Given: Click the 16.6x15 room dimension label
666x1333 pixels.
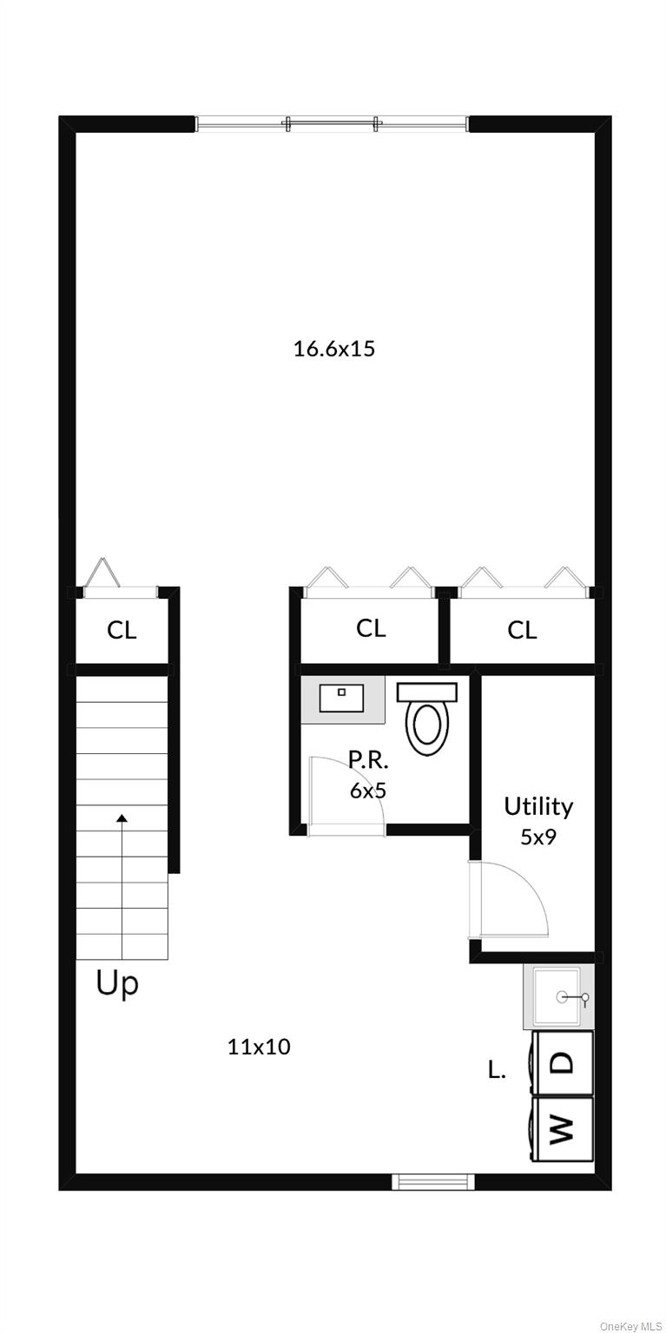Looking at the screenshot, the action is coord(334,348).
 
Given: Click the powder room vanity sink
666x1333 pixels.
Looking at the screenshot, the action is coord(341,698).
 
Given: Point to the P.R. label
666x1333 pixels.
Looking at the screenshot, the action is coord(368,760).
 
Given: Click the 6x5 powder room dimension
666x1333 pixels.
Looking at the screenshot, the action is coord(368,791).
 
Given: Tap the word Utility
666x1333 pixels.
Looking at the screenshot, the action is coord(538,807).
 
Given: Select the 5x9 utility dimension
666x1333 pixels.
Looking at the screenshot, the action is coord(538,837).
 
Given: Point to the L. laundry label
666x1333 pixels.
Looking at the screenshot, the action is coord(497,1070).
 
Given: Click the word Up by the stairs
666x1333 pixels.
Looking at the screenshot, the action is coord(117,986).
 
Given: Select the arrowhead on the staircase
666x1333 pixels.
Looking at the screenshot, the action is coord(122,818).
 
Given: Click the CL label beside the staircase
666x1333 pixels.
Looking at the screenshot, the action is coord(122,630).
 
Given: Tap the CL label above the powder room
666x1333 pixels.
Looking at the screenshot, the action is coord(371,627).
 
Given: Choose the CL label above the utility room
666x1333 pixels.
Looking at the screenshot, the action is coord(522,630).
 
